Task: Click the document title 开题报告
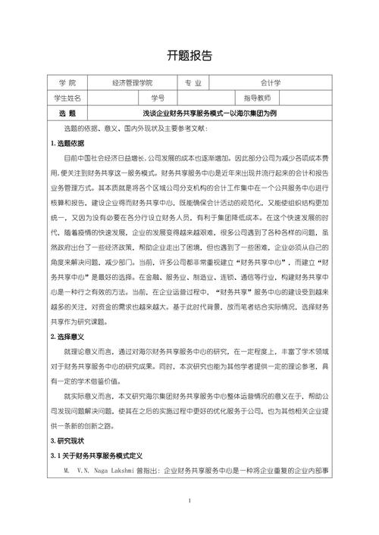189,55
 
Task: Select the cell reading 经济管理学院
132,82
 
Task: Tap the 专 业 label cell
193,82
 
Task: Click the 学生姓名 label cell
67,98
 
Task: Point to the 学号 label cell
158,98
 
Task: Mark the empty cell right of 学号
200,98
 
